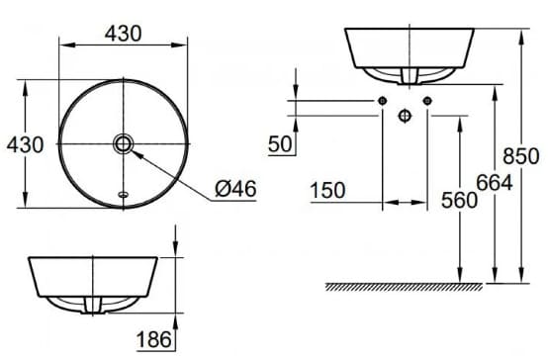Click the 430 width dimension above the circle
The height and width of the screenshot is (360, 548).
click(x=124, y=32)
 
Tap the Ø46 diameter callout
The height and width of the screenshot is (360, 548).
click(x=234, y=188)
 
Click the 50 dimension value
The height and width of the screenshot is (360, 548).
click(x=280, y=144)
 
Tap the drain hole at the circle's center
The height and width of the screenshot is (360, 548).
click(x=124, y=144)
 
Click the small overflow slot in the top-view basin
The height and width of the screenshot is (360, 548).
click(x=123, y=194)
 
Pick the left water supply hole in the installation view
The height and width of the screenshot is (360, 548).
click(x=381, y=101)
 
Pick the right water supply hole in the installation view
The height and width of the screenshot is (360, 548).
click(x=426, y=101)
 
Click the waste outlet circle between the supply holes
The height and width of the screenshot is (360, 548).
click(x=404, y=116)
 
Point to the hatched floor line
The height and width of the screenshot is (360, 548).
click(x=406, y=287)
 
